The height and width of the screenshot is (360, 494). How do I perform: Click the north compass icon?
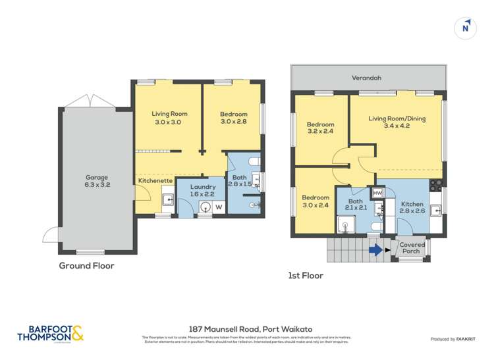tap(466, 28)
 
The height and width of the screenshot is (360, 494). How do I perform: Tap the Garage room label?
tap(96, 177)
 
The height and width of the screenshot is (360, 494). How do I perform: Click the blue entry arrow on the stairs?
tap(374, 249)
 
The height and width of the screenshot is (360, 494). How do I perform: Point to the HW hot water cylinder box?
tap(377, 193)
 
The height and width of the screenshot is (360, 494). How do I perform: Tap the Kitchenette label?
tap(155, 180)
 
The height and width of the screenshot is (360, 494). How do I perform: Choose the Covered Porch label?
tap(413, 247)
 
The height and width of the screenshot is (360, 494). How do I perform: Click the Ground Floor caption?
tap(86, 266)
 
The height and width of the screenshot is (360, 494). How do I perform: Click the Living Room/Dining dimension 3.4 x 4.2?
tap(396, 127)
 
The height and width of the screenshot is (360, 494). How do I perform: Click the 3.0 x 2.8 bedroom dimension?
tap(233, 122)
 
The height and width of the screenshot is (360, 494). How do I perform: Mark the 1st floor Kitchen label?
tap(413, 205)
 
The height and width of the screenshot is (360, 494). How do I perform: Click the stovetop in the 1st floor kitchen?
tap(435, 184)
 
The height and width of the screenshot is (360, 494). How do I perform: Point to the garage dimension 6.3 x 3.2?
tap(96, 185)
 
